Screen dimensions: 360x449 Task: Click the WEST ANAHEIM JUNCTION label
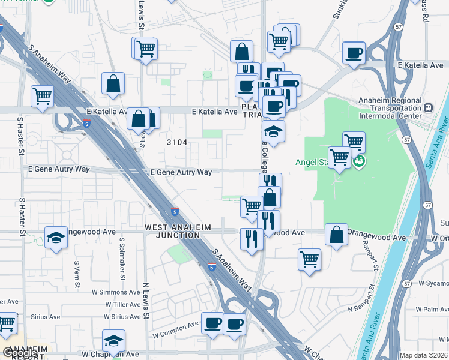[172, 231]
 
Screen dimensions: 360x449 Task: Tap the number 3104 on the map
[176, 142]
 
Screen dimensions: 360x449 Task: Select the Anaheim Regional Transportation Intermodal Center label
[382, 107]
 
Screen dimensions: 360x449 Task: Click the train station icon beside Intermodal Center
[428, 108]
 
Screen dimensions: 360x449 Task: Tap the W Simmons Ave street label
[116, 292]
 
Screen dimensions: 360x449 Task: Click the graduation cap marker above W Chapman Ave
[113, 341]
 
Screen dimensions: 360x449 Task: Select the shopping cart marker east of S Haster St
[42, 96]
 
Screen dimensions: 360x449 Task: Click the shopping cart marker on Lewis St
[145, 49]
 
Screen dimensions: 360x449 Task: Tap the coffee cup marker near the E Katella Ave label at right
[354, 53]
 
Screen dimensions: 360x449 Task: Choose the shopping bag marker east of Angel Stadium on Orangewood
[337, 235]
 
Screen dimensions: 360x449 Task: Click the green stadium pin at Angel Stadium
[358, 161]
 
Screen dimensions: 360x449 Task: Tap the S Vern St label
[77, 274]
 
